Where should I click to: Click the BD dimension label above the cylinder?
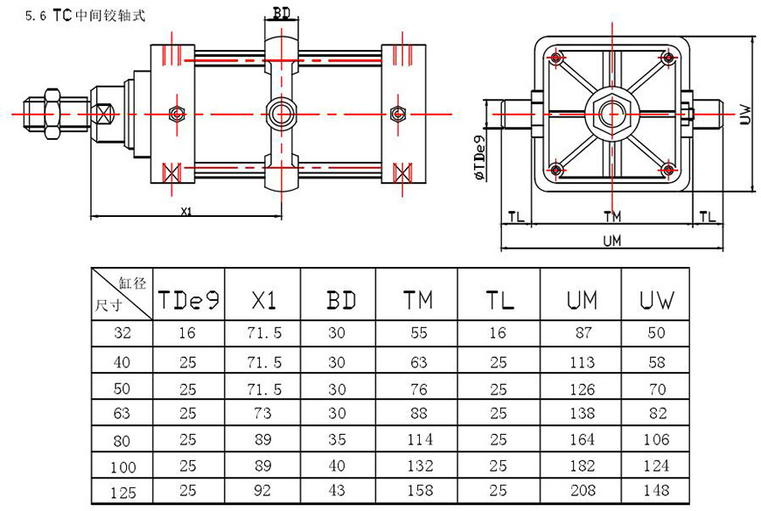click(x=282, y=14)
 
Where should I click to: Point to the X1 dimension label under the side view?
click(x=185, y=211)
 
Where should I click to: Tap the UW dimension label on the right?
click(x=745, y=113)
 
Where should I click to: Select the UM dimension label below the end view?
click(x=611, y=241)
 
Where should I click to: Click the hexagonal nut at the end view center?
click(x=611, y=113)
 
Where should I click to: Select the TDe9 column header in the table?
click(x=188, y=300)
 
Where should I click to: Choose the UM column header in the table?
click(x=581, y=300)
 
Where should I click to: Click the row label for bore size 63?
click(x=122, y=412)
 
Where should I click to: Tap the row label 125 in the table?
click(x=122, y=492)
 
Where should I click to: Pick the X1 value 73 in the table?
click(x=263, y=412)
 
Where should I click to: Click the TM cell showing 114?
click(x=418, y=439)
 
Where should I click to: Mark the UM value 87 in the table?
click(x=581, y=333)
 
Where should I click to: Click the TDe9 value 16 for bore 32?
click(x=188, y=333)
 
